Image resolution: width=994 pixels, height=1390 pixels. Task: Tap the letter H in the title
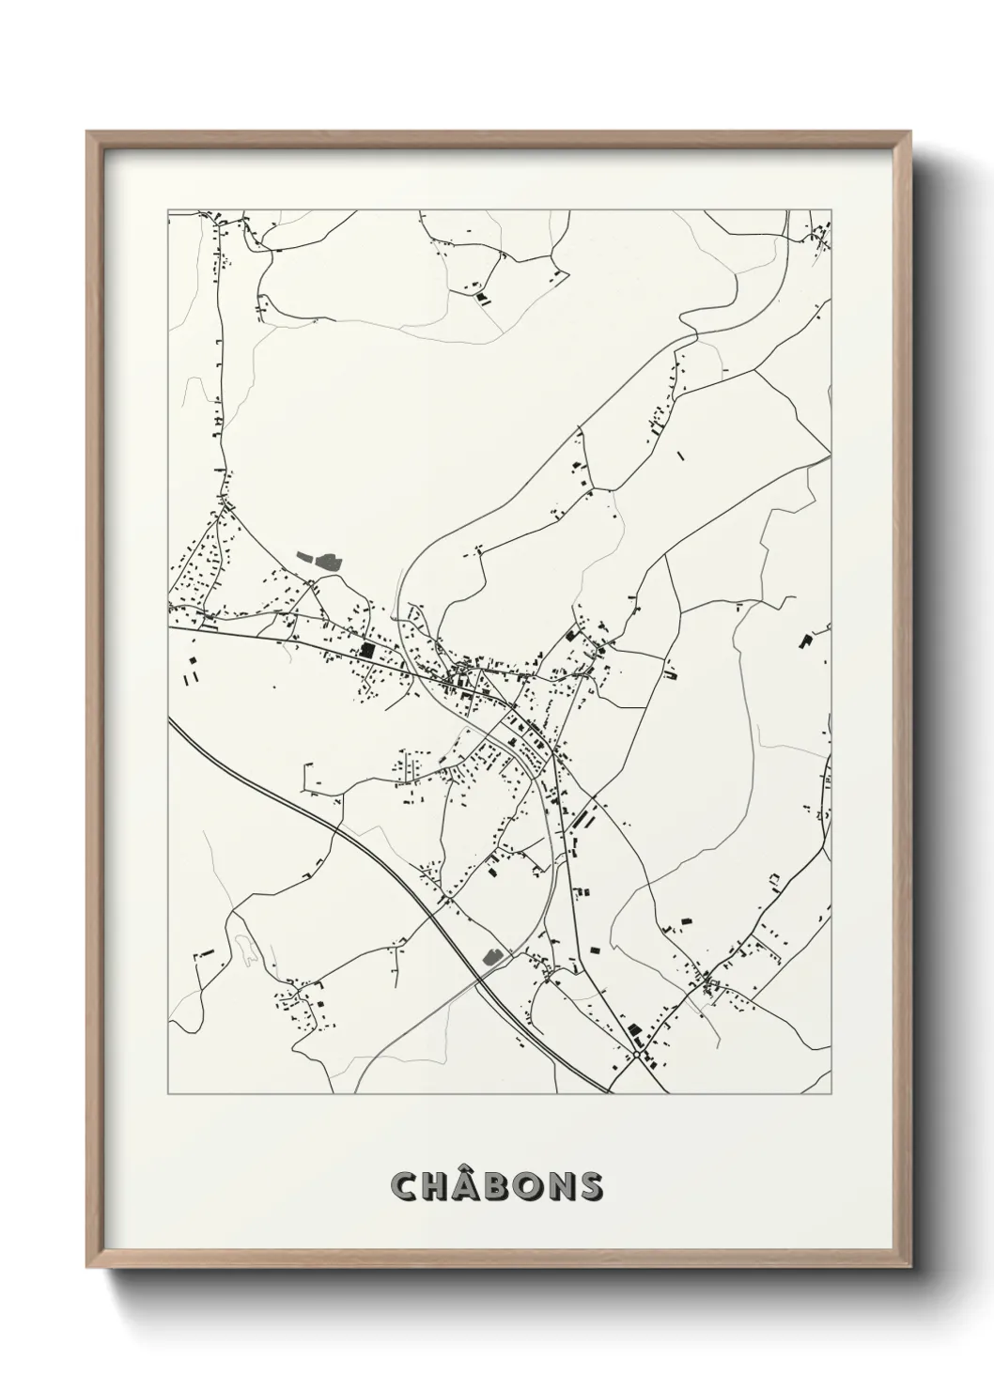point(438,1186)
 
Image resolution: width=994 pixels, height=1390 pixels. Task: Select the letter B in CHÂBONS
point(502,1186)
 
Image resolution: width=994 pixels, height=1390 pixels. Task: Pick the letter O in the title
point(533,1186)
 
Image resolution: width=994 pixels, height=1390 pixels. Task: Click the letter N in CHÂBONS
point(565,1186)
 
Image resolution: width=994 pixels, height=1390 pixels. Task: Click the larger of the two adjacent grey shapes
point(328,562)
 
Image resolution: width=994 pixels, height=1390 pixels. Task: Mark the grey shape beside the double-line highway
point(490,956)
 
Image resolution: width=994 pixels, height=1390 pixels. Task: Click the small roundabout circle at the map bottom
point(638,1055)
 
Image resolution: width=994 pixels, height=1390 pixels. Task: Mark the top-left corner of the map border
point(168,210)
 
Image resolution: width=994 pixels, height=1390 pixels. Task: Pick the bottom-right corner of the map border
point(831,1094)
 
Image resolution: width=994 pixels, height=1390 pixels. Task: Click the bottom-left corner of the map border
point(168,1094)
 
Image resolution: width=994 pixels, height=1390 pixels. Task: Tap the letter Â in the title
point(470,1186)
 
